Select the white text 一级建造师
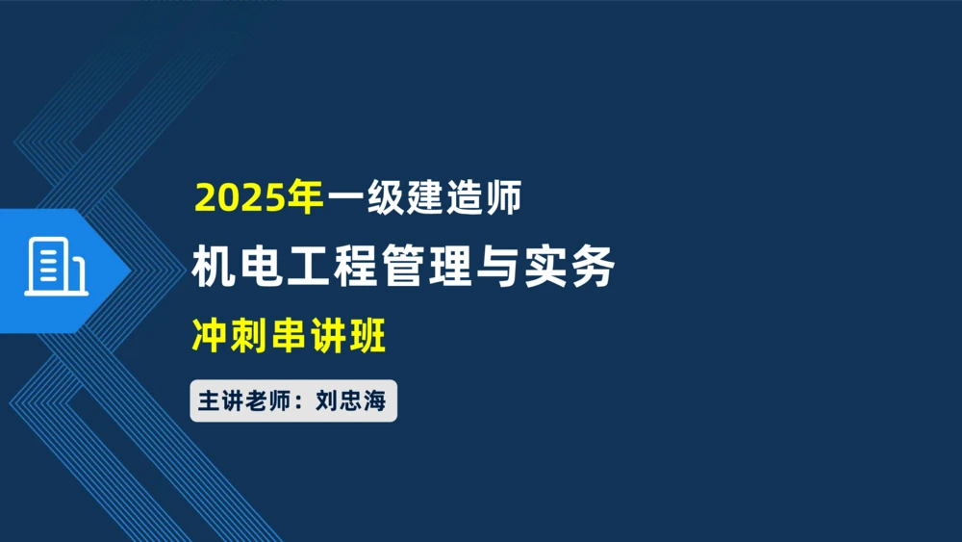coord(425,198)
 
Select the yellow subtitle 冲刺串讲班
coord(289,337)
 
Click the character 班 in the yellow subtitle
coord(367,337)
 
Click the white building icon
coord(55,267)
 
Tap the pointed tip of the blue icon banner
coord(130,270)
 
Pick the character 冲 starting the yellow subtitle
coord(210,337)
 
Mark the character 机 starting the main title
coord(212,267)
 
